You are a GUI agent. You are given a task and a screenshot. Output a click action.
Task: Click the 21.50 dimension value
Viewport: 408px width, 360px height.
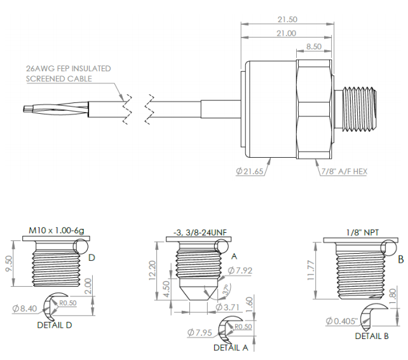point(287,20)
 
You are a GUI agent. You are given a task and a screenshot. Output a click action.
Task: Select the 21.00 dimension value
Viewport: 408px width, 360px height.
point(287,33)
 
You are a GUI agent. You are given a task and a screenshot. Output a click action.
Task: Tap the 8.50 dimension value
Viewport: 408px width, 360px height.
point(313,46)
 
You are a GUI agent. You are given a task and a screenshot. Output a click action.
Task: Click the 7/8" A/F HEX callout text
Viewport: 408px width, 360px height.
point(343,172)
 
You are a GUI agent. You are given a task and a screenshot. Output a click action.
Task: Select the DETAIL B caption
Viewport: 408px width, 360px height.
point(372,336)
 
